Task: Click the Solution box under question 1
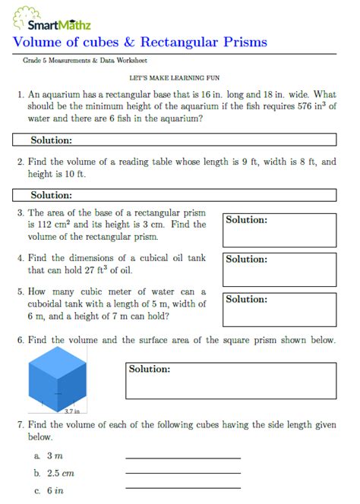point(174,140)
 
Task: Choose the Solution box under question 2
point(174,195)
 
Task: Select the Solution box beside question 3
point(279,230)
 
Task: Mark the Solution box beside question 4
point(279,269)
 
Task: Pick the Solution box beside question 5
point(279,308)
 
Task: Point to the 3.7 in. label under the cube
point(74,411)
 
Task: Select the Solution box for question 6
point(230,380)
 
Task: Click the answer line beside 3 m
point(182,458)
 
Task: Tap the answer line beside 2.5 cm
point(182,473)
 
